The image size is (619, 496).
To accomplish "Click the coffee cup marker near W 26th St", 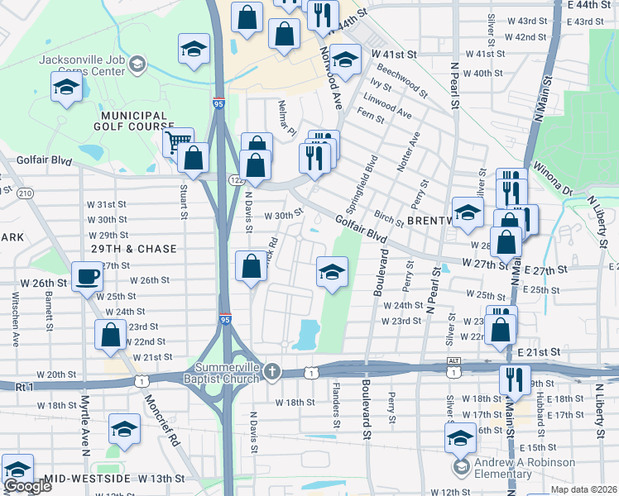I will pyautogui.click(x=87, y=277).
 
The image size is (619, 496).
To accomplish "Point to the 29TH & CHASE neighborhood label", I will pyautogui.click(x=133, y=249).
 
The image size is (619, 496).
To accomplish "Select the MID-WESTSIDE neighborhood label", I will pyautogui.click(x=88, y=479).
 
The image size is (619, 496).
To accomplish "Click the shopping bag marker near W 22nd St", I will pyautogui.click(x=110, y=335).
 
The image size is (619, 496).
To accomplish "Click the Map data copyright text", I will pyautogui.click(x=583, y=489).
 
